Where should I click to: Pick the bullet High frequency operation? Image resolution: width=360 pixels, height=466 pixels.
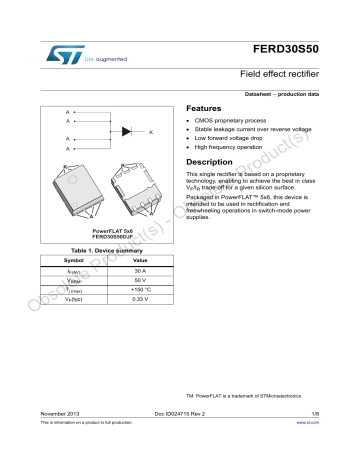tap(239, 146)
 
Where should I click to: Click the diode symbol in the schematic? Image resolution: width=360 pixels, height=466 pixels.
tap(127, 130)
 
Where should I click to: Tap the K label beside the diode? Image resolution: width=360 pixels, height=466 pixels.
tap(151, 132)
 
